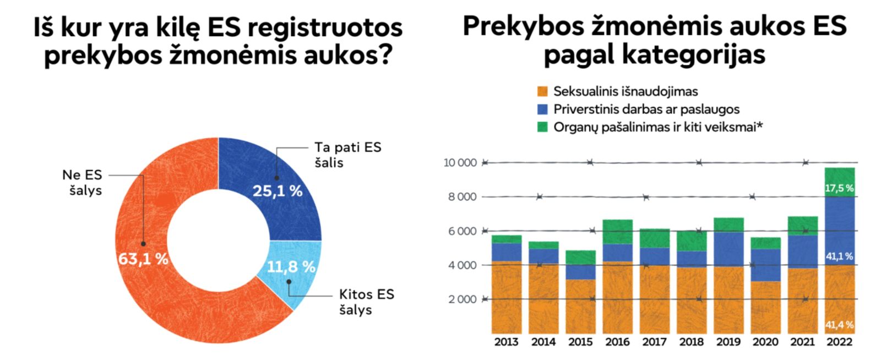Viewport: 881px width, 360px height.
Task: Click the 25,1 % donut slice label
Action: [x=277, y=191]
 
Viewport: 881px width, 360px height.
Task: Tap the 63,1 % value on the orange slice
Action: [x=143, y=258]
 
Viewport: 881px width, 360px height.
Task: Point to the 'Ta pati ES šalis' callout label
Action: [x=347, y=155]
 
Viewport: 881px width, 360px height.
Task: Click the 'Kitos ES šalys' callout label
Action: [x=366, y=302]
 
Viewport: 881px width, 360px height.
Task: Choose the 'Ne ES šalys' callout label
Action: [x=82, y=183]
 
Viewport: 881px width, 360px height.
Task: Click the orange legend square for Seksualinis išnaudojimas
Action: [x=542, y=91]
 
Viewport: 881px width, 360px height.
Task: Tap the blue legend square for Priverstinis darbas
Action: [x=542, y=109]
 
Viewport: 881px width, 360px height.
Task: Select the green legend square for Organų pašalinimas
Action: [x=542, y=127]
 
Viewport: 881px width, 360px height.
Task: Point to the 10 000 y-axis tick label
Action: [x=460, y=163]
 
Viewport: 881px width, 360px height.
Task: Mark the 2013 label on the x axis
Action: [x=506, y=342]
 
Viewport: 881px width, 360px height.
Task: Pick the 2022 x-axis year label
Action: [x=839, y=342]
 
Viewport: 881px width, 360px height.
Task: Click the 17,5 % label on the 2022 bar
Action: [x=839, y=188]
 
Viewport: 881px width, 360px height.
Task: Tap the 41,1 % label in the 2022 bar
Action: [x=839, y=256]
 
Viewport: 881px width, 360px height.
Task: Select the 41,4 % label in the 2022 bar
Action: [x=839, y=325]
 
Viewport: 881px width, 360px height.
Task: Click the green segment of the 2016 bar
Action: [x=617, y=232]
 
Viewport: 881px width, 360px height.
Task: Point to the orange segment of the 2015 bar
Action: [x=580, y=306]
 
